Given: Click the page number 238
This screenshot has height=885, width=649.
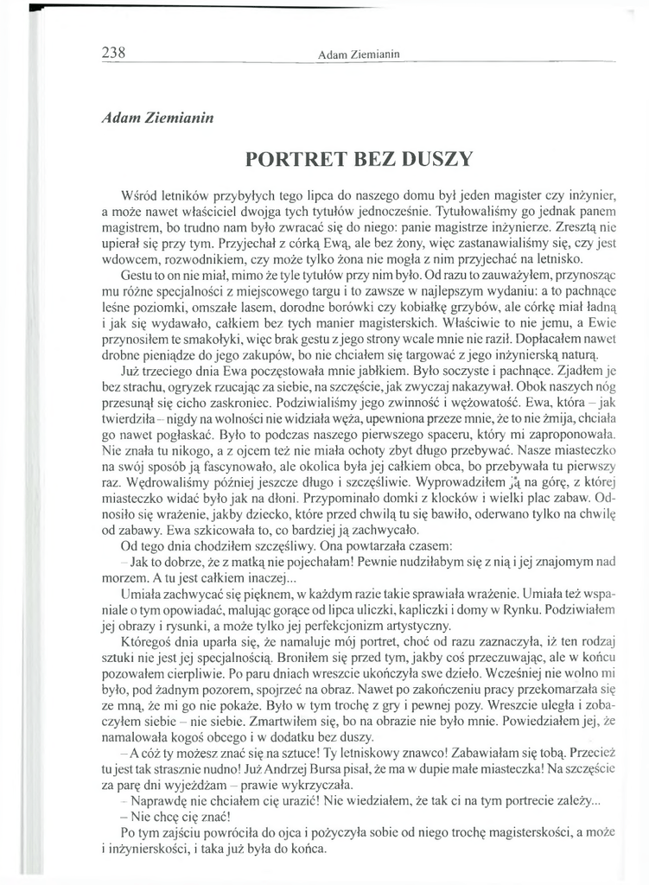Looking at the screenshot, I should (114, 51).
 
